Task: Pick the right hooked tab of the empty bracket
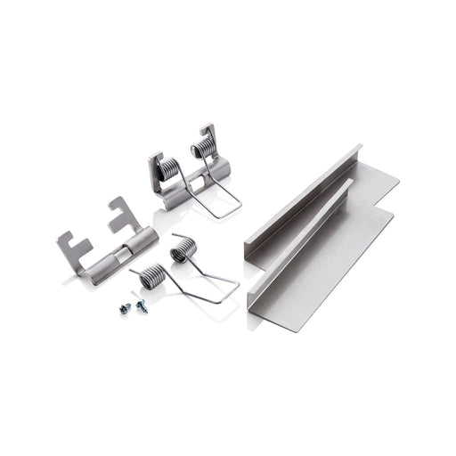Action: [121, 211]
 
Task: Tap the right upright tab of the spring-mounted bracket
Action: [208, 134]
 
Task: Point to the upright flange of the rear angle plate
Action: [303, 196]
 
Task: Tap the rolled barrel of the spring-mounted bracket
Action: [191, 183]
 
